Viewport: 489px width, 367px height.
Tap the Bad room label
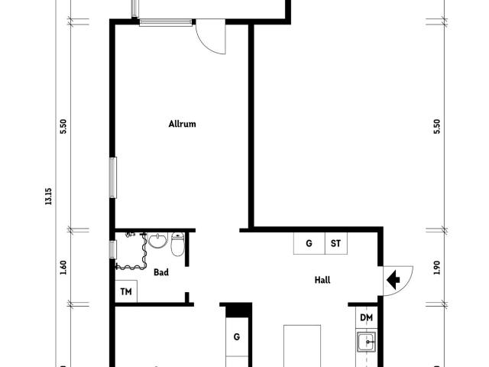(x=161, y=271)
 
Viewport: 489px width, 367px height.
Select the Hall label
(x=322, y=280)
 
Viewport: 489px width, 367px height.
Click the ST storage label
(x=335, y=244)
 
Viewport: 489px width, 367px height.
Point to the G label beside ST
(x=309, y=244)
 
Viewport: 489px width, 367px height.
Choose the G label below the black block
(x=237, y=336)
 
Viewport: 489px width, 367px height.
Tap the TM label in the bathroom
(x=126, y=292)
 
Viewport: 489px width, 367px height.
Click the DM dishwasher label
(x=366, y=317)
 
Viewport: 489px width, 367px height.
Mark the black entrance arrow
(x=394, y=280)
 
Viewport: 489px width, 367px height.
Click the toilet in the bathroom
(x=177, y=245)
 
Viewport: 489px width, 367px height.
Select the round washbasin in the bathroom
(x=158, y=242)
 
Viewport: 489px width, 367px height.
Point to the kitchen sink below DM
(x=367, y=342)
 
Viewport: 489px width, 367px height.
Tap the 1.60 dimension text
(x=63, y=268)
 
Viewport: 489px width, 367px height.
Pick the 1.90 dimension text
(x=436, y=268)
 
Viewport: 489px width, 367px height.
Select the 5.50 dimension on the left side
(x=63, y=126)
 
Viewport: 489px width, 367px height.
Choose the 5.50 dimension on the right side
(x=436, y=126)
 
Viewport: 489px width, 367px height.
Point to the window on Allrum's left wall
(x=112, y=177)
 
